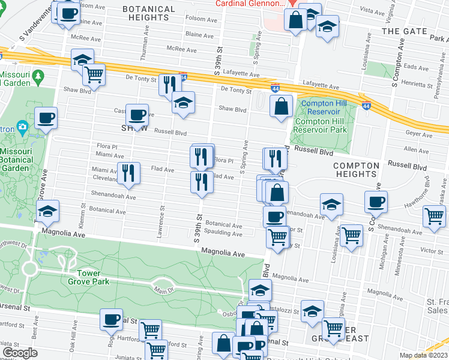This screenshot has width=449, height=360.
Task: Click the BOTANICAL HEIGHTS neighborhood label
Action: [x=149, y=14]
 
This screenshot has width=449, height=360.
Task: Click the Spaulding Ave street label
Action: [x=223, y=233]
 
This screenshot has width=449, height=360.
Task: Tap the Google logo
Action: [x=20, y=353]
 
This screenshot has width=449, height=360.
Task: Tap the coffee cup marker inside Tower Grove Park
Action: [x=110, y=319]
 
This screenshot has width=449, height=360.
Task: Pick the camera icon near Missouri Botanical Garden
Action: [x=23, y=127]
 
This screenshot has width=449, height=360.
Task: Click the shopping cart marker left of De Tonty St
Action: [x=93, y=74]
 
